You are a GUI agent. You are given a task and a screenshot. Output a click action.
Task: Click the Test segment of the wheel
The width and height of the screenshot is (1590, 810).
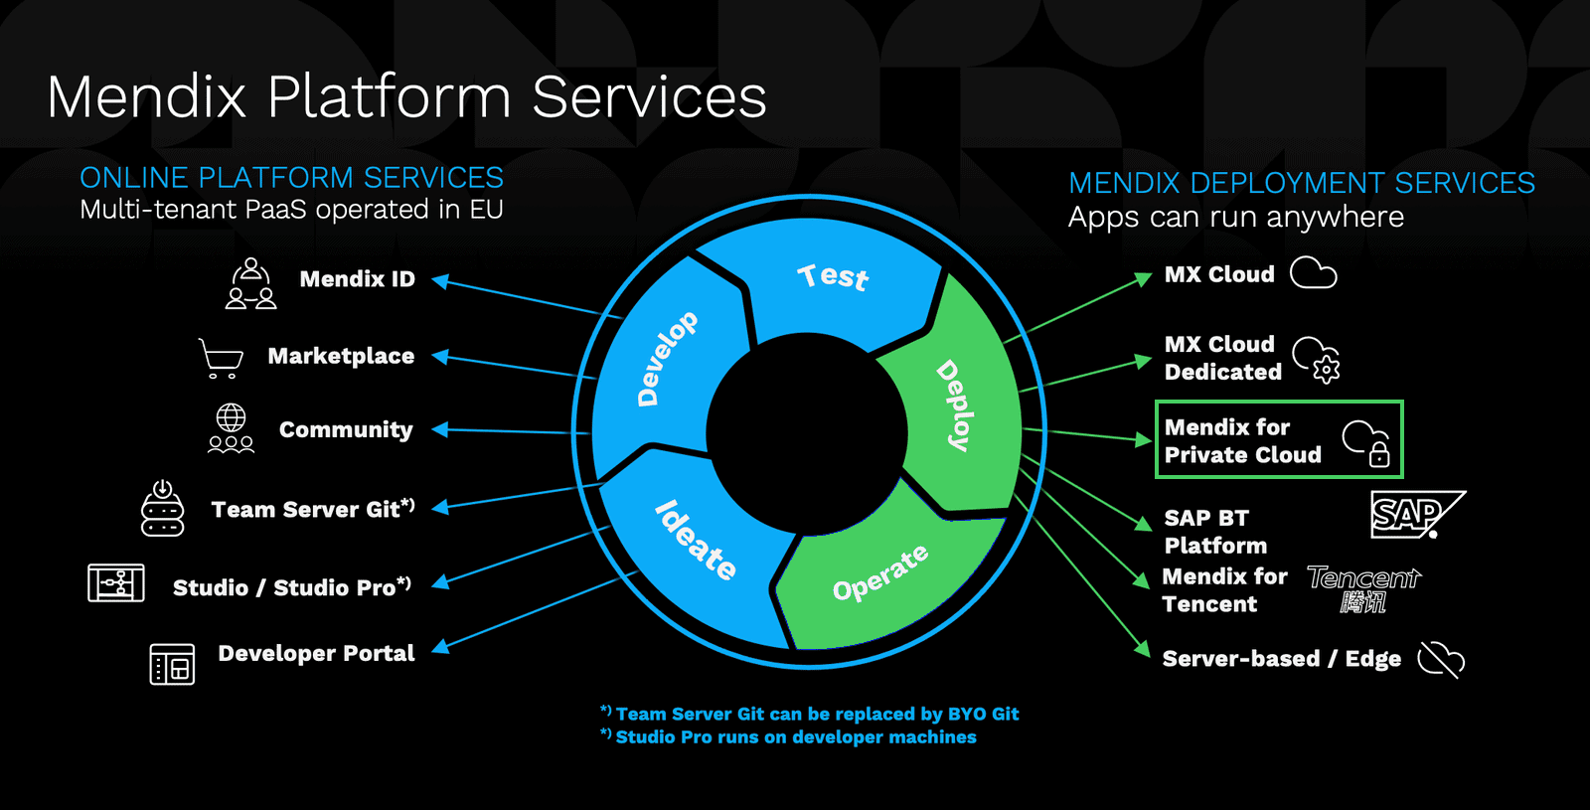[833, 277]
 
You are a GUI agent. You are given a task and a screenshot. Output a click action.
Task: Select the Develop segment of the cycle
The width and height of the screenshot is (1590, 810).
[667, 359]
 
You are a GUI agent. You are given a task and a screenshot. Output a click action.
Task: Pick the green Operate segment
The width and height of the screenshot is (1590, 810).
[880, 574]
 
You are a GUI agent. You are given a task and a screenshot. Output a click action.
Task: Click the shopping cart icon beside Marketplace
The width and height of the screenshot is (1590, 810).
[221, 358]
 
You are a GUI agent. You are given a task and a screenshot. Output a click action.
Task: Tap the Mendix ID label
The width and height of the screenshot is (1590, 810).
[357, 279]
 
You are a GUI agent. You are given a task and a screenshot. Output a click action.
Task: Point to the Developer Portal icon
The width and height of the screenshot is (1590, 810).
[172, 664]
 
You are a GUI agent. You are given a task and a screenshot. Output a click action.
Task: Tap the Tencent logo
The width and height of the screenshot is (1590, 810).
[1363, 588]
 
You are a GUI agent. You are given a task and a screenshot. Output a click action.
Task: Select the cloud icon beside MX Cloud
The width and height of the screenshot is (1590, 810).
[1313, 273]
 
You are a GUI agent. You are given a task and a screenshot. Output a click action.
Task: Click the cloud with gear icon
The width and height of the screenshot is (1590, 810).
[1316, 359]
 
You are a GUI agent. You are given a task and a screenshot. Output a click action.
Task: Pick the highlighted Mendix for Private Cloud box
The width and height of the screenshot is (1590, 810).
[1278, 439]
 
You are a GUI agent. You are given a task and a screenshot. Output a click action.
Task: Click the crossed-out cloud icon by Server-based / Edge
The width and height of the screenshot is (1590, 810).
[1441, 659]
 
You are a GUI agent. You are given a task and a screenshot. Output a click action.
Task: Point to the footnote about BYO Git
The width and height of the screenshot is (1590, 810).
[810, 714]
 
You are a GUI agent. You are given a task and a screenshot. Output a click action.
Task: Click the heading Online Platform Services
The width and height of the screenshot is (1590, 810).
[291, 178]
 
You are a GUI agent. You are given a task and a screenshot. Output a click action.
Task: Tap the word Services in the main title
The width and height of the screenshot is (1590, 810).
[649, 97]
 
